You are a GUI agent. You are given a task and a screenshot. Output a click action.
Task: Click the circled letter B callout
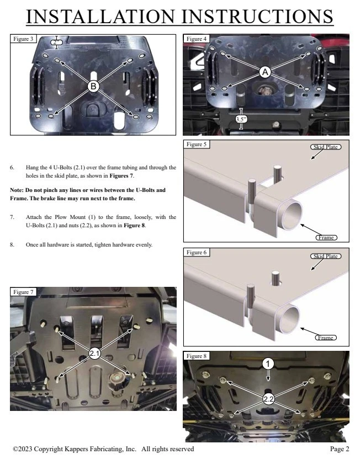[93, 86]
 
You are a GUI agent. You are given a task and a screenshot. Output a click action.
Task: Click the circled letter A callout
[264, 72]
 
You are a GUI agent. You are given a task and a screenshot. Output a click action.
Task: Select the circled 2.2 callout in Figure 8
[268, 399]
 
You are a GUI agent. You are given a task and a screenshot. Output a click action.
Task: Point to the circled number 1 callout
[268, 364]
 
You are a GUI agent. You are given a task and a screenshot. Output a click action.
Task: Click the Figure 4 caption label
[197, 39]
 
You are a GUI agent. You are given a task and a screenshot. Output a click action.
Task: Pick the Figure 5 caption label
[197, 145]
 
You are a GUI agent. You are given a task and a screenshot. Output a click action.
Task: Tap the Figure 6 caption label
[197, 252]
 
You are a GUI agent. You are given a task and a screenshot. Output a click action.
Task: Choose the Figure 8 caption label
[197, 356]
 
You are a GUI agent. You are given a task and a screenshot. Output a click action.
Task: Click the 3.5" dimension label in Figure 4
[241, 119]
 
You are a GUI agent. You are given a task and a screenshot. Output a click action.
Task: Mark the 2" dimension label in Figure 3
[56, 42]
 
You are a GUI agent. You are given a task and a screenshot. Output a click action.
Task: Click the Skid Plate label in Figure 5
[323, 147]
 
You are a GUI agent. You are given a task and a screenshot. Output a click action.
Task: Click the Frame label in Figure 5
[326, 237]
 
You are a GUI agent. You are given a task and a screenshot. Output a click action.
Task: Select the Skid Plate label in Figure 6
[325, 256]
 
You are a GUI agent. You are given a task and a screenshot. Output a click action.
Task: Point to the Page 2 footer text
[340, 450]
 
